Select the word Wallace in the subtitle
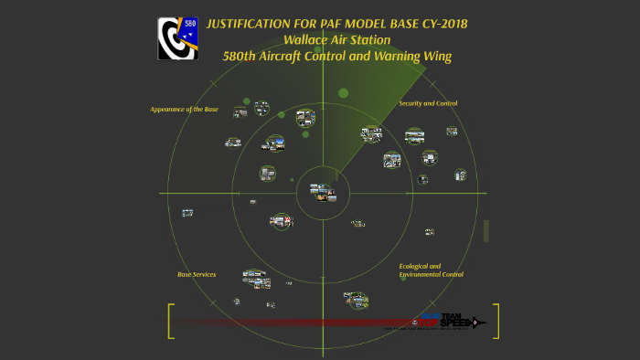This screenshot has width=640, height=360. click(309, 39)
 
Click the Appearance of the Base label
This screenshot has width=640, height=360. click(184, 109)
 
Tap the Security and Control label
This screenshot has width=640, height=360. click(428, 103)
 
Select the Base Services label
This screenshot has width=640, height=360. click(197, 274)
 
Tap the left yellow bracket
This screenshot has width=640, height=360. click(170, 321)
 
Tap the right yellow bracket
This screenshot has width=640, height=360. click(496, 321)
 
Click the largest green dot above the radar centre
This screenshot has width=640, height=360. click(344, 92)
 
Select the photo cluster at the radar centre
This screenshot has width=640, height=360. click(323, 193)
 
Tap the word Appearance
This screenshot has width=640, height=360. click(169, 109)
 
